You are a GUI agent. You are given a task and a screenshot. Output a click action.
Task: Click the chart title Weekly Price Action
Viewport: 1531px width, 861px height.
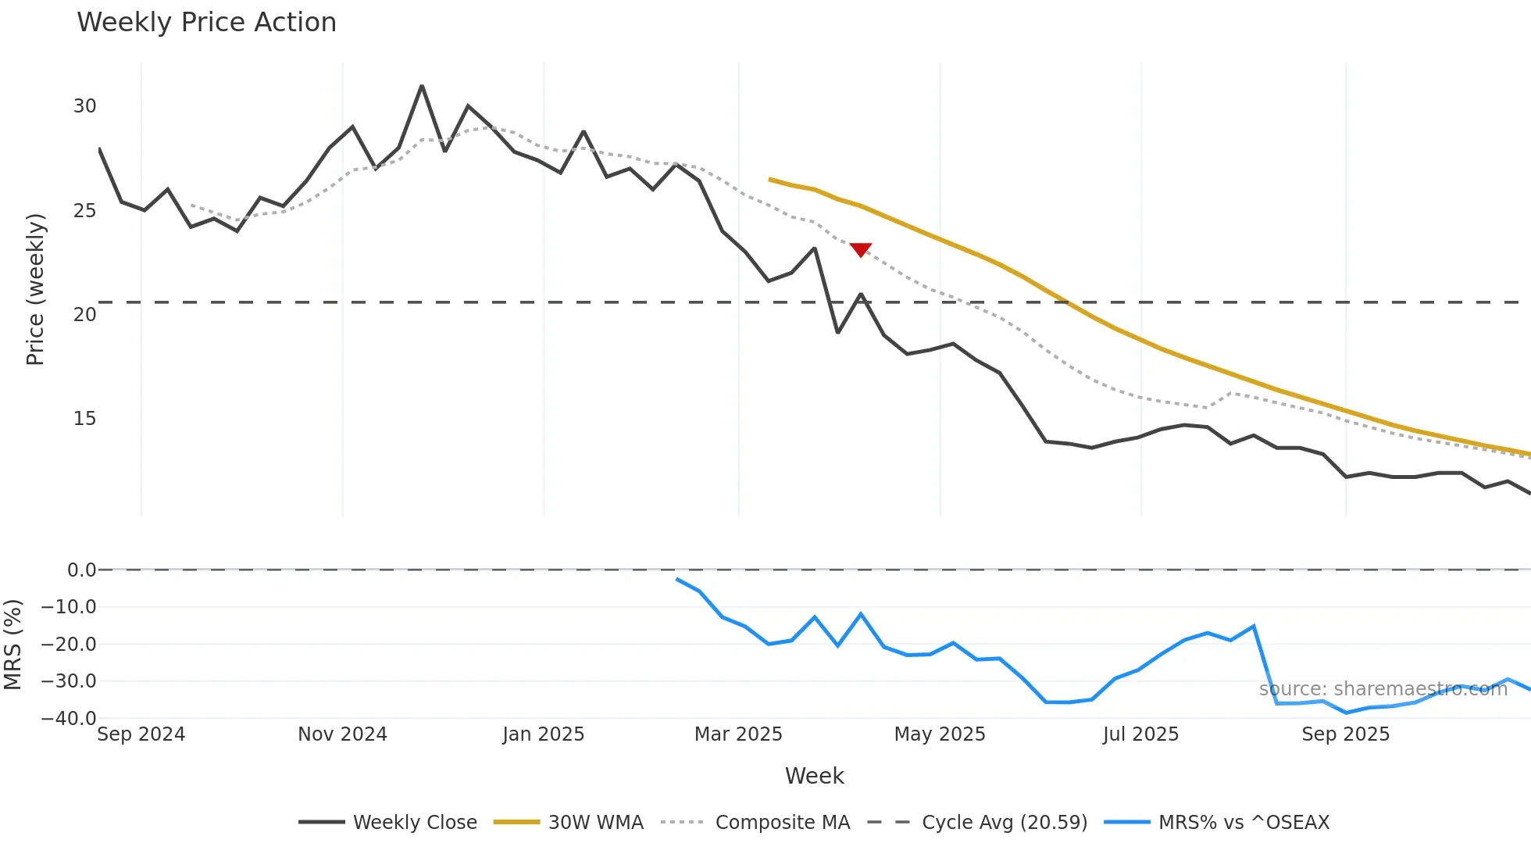[x=206, y=23]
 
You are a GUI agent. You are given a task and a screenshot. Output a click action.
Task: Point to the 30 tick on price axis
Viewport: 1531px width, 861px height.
[x=85, y=106]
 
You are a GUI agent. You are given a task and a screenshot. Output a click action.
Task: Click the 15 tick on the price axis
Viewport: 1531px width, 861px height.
[x=85, y=419]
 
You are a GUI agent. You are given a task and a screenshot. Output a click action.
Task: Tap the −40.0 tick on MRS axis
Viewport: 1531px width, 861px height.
[x=69, y=718]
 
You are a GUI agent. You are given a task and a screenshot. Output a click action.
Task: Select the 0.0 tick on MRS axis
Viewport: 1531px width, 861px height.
[x=81, y=570]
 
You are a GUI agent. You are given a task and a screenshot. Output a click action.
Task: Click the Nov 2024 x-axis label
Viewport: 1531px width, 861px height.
[x=342, y=734]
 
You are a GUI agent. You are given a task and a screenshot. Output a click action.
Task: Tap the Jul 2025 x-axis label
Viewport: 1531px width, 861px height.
[x=1140, y=734]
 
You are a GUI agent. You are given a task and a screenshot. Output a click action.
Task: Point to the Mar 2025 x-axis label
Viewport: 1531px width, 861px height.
[x=738, y=734]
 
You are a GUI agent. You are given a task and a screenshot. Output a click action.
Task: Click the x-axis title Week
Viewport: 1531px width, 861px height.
[x=814, y=776]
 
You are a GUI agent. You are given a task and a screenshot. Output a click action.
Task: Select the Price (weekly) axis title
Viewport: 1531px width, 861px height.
[x=35, y=289]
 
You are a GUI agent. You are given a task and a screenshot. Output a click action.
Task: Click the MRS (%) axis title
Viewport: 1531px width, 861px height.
[x=12, y=645]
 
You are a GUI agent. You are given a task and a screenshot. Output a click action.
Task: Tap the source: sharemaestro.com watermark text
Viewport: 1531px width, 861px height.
[x=1383, y=689]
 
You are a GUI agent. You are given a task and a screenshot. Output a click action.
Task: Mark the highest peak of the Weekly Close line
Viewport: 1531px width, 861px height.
[x=422, y=86]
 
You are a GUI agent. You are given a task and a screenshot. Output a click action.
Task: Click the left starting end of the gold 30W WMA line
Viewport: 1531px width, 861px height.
[x=770, y=180]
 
